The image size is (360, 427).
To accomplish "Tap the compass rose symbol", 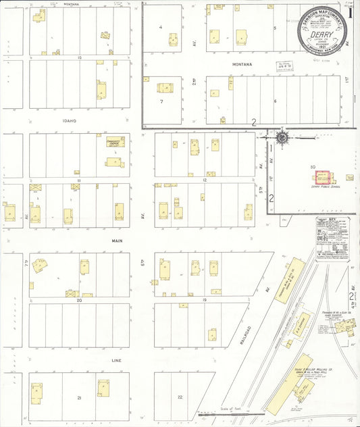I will pos(281,138).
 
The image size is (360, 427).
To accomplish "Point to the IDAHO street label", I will pos(68,121).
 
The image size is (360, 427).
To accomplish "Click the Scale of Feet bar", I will pos(230,412).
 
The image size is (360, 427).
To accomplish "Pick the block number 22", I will pos(180,397).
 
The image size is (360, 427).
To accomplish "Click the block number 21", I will pos(79,398).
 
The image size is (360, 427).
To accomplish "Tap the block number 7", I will pos(162,101).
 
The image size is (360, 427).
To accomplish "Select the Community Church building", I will pos(115,143).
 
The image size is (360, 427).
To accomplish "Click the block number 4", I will pos(160,27).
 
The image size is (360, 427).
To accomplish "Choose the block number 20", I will pos(79,300).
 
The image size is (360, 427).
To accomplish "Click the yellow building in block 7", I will pos(165,87).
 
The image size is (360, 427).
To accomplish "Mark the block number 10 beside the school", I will pos(313,166).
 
